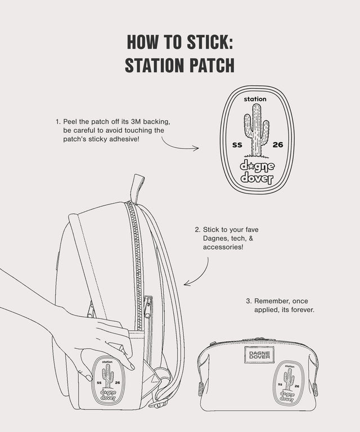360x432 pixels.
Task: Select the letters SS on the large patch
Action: click(237, 145)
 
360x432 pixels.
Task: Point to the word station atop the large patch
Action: click(255, 99)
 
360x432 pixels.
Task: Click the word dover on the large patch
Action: click(256, 179)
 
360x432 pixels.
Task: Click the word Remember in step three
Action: click(282, 301)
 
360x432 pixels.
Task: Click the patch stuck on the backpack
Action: click(107, 379)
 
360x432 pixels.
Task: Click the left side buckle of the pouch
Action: click(200, 388)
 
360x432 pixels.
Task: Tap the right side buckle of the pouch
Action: click(315, 388)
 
